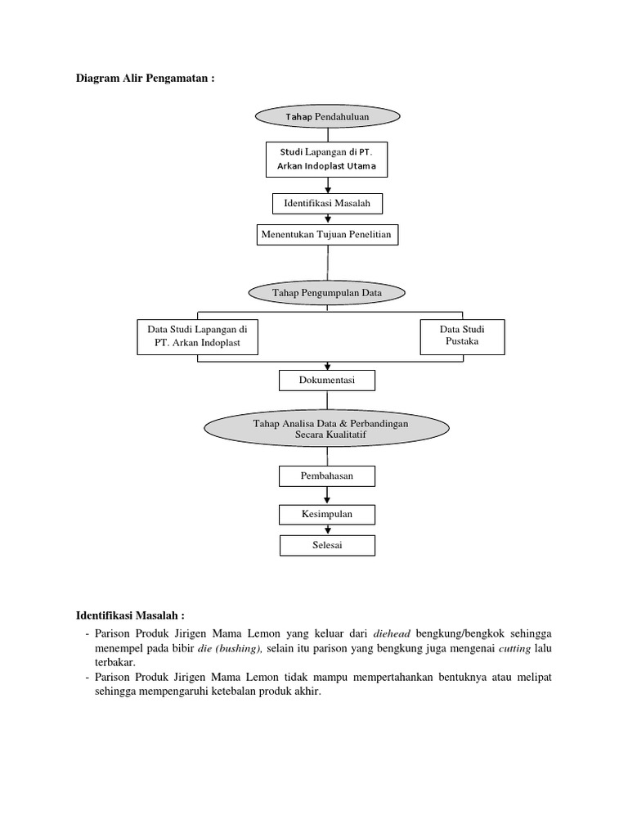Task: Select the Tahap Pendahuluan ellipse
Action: pyautogui.click(x=327, y=117)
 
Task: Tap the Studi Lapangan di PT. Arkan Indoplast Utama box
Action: pyautogui.click(x=327, y=160)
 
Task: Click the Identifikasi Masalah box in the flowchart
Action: pyautogui.click(x=327, y=202)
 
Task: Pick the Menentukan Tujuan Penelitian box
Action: pyautogui.click(x=327, y=235)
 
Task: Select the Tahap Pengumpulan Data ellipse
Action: pyautogui.click(x=327, y=292)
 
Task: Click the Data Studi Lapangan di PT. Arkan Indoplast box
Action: pyautogui.click(x=197, y=336)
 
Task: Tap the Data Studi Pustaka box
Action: pyautogui.click(x=462, y=336)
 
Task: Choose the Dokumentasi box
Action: pyautogui.click(x=327, y=381)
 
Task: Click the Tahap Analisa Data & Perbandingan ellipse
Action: pyautogui.click(x=327, y=428)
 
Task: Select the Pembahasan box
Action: pyautogui.click(x=327, y=475)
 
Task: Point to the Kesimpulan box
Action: pyautogui.click(x=327, y=514)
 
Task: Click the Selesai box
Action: pyautogui.click(x=327, y=545)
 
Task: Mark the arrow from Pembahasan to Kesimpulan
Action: pyautogui.click(x=328, y=495)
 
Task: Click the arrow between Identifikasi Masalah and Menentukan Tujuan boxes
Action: pyautogui.click(x=328, y=219)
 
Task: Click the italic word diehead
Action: pyautogui.click(x=392, y=633)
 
